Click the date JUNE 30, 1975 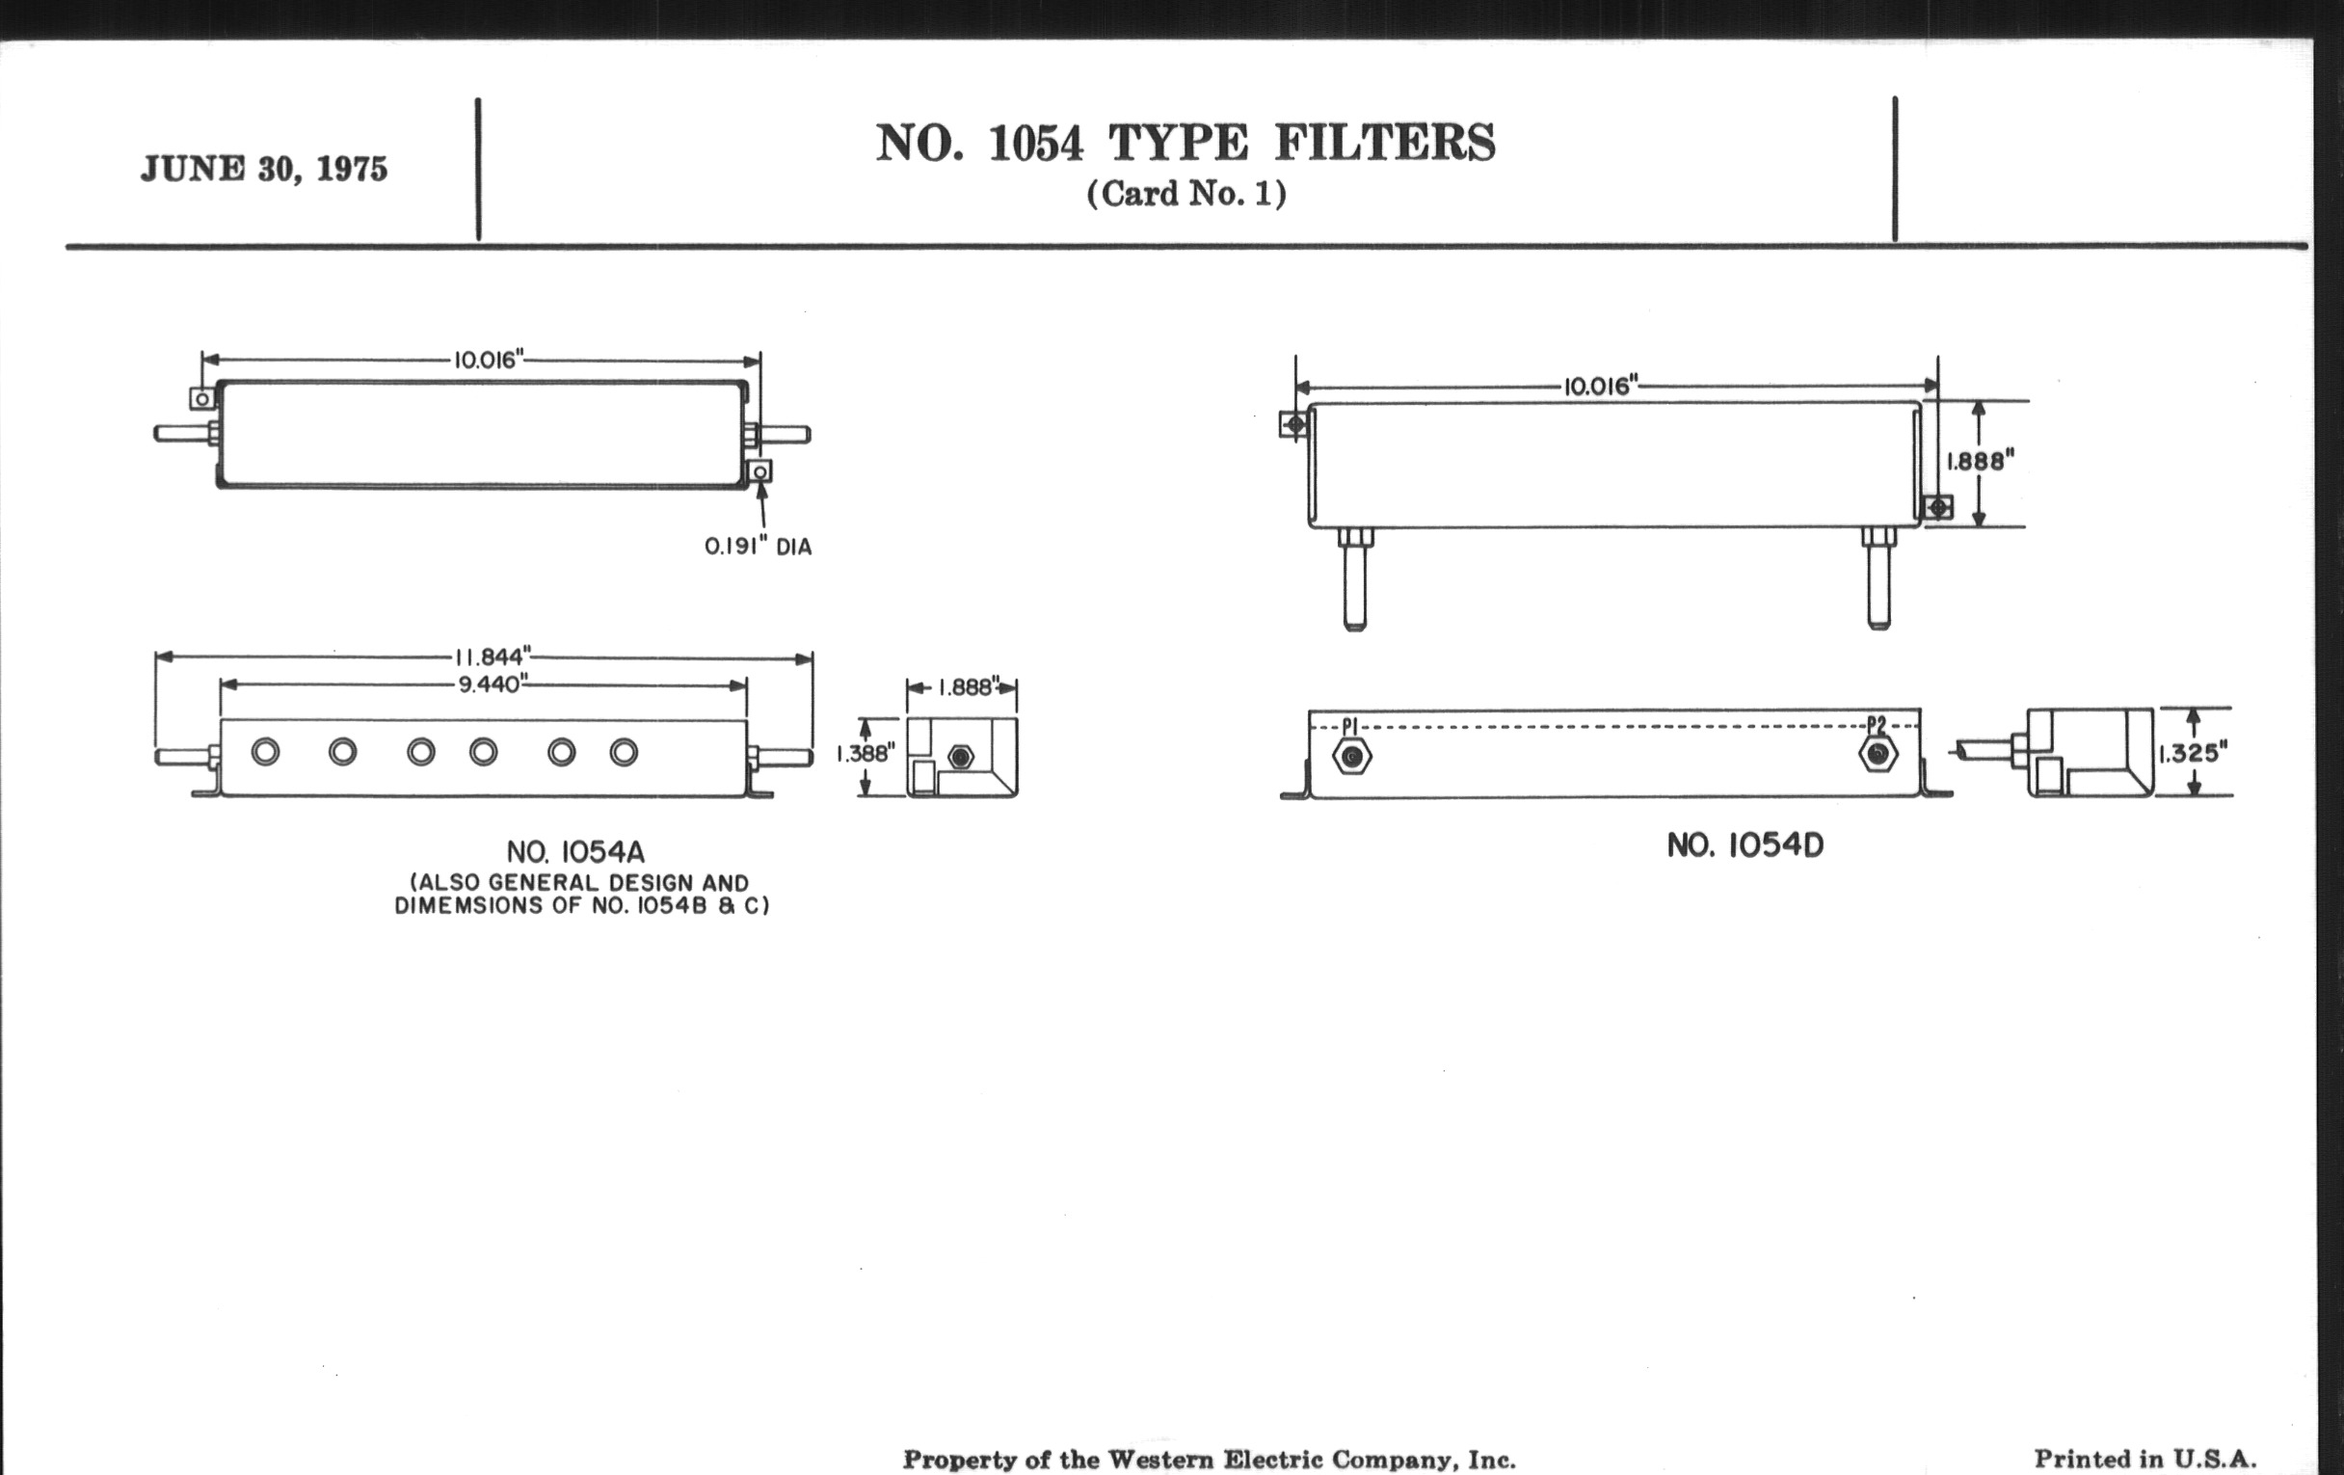point(264,170)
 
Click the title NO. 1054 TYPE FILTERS point(1185,143)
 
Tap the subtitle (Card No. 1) point(1186,194)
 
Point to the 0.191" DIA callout point(759,548)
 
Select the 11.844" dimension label point(493,657)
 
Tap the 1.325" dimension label point(2193,753)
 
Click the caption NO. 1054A point(575,853)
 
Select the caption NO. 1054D point(1745,845)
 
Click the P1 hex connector point(1352,756)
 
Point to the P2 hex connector point(1878,754)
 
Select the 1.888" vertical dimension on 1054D point(1980,461)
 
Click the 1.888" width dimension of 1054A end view point(965,687)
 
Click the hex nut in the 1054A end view point(960,757)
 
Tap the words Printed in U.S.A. point(2144,1459)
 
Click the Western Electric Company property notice point(1209,1460)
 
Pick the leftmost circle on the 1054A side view point(265,752)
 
